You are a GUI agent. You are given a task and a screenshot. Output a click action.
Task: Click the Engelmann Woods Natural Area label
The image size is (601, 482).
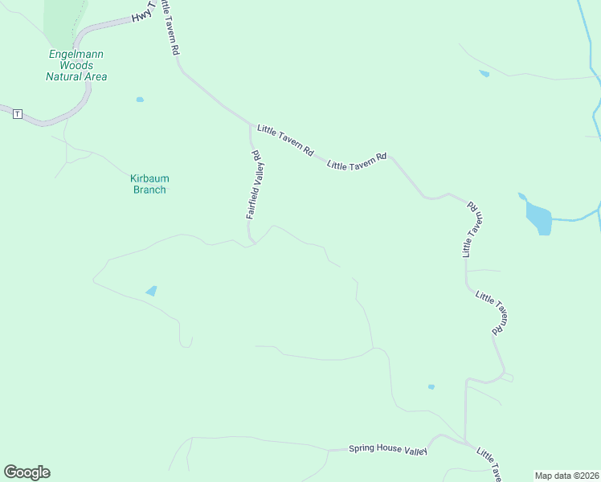click(x=76, y=65)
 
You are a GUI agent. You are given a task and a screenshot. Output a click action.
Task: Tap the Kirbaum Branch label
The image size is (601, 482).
click(x=149, y=184)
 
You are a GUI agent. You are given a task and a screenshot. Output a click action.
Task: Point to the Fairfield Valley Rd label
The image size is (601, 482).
click(x=256, y=185)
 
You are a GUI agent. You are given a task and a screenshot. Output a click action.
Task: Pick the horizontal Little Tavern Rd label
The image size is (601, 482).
click(x=358, y=161)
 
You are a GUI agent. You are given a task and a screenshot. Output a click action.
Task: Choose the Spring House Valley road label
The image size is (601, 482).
click(x=386, y=450)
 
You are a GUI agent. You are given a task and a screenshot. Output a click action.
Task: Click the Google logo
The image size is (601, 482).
click(x=27, y=472)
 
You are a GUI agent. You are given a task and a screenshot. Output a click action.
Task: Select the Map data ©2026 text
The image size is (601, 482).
click(x=566, y=476)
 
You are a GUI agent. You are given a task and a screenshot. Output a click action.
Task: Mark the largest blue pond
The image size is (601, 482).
click(x=538, y=216)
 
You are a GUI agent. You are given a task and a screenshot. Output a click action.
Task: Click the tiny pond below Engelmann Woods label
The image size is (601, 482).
click(x=140, y=100)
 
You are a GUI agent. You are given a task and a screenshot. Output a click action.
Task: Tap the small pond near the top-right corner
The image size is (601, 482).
click(x=484, y=73)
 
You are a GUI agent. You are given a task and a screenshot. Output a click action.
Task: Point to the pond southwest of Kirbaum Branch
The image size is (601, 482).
click(x=151, y=291)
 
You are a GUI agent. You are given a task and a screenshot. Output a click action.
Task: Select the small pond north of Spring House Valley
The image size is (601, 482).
click(x=431, y=386)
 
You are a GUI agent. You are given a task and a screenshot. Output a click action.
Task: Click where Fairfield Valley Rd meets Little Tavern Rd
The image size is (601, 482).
click(x=249, y=125)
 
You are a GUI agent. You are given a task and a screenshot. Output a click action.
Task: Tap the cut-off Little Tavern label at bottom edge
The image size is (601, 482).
click(x=489, y=464)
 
